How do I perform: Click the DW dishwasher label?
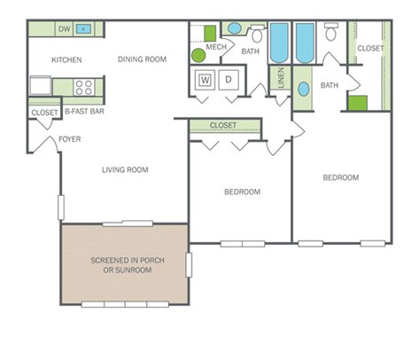click(65, 28)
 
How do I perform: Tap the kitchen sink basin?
click(83, 28)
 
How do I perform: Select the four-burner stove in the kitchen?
click(84, 88)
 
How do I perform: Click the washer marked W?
click(205, 80)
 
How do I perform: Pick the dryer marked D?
click(229, 80)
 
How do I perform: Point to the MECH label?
click(216, 47)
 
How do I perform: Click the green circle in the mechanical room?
click(198, 55)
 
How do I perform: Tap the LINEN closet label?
click(281, 78)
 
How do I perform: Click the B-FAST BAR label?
click(84, 112)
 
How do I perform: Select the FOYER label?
click(70, 139)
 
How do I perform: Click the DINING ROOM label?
click(142, 59)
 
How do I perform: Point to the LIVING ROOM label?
click(125, 169)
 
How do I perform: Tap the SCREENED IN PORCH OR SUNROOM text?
click(128, 265)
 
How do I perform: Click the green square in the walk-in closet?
click(358, 103)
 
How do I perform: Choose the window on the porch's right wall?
click(189, 265)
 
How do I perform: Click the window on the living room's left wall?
click(61, 207)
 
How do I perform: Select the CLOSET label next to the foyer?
click(44, 113)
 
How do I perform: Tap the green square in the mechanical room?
click(210, 34)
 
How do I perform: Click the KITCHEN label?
click(66, 59)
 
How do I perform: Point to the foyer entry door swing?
click(45, 145)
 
